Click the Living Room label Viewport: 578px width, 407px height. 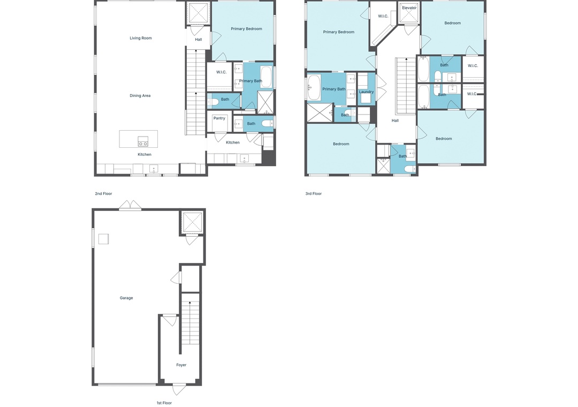[x=140, y=38]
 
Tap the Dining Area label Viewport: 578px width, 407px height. [x=140, y=95]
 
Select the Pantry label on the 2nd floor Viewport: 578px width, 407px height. [x=219, y=118]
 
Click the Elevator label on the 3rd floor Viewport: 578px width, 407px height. [x=409, y=7]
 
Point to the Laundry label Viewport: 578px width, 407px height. [x=367, y=92]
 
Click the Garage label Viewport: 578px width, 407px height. [x=126, y=298]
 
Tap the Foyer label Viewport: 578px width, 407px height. [x=181, y=365]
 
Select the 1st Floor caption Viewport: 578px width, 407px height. [x=164, y=403]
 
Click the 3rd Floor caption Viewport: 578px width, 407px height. [x=314, y=194]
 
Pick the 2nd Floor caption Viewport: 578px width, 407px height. [x=104, y=194]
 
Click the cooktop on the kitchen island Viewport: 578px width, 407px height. [x=143, y=141]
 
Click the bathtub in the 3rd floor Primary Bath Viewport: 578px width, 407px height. [x=314, y=87]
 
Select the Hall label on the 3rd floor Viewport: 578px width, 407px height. [x=395, y=120]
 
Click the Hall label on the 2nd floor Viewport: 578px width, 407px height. [x=199, y=40]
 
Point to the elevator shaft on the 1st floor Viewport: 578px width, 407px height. [x=192, y=222]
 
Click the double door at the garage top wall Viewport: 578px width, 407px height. [x=130, y=206]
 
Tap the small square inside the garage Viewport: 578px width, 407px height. [x=104, y=239]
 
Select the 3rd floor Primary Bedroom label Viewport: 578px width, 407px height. [x=339, y=32]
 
